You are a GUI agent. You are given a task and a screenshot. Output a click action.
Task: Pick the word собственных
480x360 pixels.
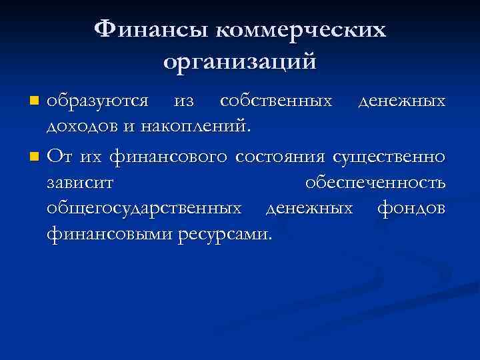coord(276,101)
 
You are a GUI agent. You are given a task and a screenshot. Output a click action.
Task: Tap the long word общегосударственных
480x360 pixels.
coord(144,209)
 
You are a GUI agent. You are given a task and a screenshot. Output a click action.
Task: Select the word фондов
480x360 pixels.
coord(411,209)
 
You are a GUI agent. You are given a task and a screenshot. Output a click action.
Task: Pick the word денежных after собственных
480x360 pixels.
coord(401,101)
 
